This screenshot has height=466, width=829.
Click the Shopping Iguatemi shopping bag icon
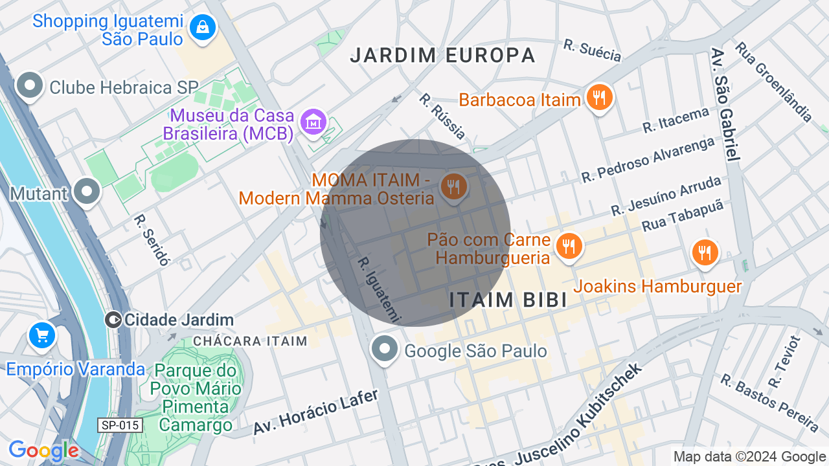point(203,28)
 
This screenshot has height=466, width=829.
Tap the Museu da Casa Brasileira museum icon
point(314,121)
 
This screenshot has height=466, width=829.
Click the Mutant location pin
point(86,192)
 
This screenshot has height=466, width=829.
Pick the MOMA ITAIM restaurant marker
point(453,187)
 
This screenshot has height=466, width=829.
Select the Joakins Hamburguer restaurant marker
point(705,252)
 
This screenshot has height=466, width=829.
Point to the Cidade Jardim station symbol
point(113,320)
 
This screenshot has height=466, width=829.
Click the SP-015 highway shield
point(120,425)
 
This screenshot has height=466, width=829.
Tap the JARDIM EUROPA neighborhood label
point(442,56)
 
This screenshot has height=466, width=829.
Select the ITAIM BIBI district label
point(508,300)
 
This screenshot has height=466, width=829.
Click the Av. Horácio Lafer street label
point(315,412)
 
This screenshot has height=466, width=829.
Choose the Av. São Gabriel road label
point(725,104)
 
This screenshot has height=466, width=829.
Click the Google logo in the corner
point(43,450)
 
